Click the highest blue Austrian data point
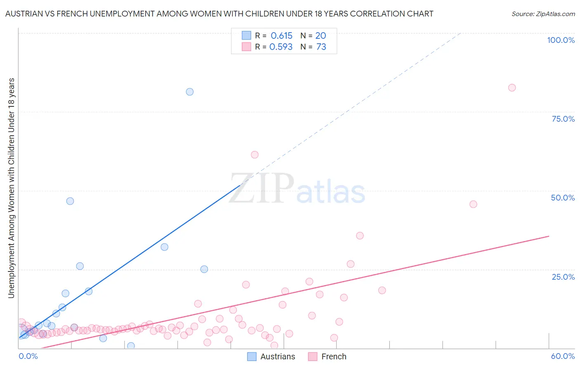[x=190, y=92]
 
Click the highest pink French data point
[x=512, y=87]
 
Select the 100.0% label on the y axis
[x=561, y=40]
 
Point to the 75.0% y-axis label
[x=563, y=119]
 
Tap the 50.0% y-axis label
[x=563, y=198]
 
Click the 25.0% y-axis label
[x=563, y=276]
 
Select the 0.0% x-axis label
[x=28, y=356]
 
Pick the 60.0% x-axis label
[x=563, y=356]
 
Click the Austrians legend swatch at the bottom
[x=252, y=356]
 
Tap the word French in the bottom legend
[x=334, y=356]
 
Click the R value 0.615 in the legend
[x=281, y=36]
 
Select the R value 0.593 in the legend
[x=281, y=47]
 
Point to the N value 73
[x=321, y=47]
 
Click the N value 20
[x=321, y=36]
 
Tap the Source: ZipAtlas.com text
[x=543, y=14]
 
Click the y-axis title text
[x=11, y=188]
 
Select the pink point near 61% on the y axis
[x=255, y=155]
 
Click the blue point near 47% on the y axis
[x=70, y=201]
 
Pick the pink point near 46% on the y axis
[x=473, y=204]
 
